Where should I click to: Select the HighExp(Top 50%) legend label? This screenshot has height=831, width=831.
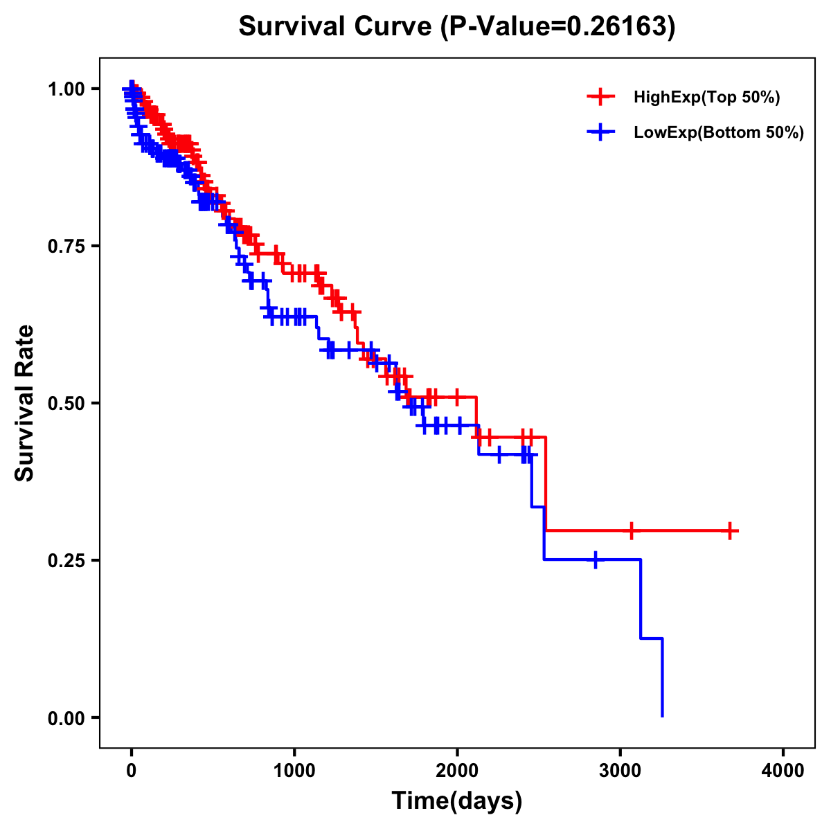pos(707,98)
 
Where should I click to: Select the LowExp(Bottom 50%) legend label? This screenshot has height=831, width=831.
pos(719,133)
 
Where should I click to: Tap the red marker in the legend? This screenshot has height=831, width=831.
pos(601,98)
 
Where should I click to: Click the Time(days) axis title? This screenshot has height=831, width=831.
pos(457,801)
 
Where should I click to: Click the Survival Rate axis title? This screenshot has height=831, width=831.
pos(25,403)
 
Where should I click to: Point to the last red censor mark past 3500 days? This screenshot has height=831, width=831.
pos(730,531)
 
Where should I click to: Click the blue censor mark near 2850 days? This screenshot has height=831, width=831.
pos(595,560)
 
